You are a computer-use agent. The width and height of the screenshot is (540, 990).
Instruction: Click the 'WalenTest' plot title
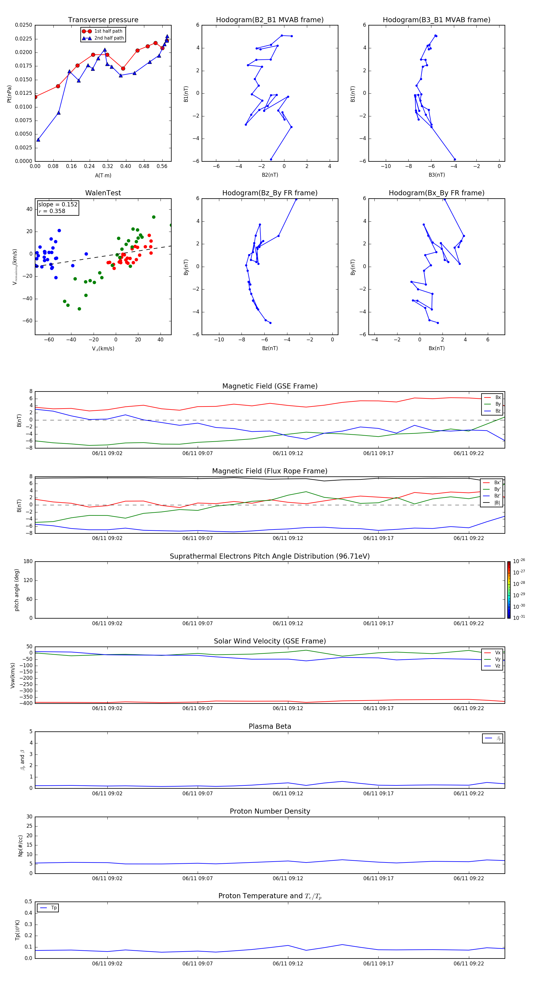coord(103,193)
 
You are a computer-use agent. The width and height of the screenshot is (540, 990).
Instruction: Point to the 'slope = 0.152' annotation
coord(58,205)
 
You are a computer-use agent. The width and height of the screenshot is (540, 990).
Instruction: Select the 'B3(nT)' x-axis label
coord(436,175)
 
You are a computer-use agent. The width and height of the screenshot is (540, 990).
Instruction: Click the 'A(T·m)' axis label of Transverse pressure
coord(103,175)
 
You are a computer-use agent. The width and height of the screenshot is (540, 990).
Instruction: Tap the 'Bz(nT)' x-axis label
coord(270,348)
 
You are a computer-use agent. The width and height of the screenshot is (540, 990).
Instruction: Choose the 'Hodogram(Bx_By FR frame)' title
coord(436,193)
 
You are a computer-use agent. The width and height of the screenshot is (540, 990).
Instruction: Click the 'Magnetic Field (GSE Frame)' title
coord(270,386)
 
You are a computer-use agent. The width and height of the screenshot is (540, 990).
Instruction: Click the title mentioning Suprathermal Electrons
coord(270,556)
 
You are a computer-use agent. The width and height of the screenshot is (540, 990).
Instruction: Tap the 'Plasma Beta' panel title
coord(270,726)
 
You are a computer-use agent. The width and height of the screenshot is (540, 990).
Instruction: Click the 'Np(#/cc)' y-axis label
coord(21,845)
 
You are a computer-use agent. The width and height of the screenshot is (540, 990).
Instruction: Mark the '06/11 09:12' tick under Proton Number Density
coord(288,878)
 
